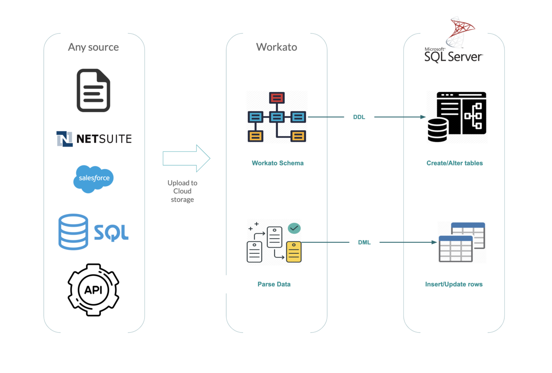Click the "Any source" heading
[93, 47]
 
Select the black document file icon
[93, 90]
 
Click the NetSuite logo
[94, 139]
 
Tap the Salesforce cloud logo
[93, 178]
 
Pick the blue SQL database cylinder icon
[73, 232]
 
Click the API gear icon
[93, 290]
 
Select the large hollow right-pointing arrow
[186, 158]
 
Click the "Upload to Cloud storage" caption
[182, 191]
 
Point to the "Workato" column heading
[276, 47]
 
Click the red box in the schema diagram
[277, 98]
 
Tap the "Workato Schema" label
[277, 163]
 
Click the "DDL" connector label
[359, 117]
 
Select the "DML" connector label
[364, 242]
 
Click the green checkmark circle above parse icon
[294, 228]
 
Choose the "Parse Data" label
[274, 284]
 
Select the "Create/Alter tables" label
[455, 163]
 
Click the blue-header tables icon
[462, 242]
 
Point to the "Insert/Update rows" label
[454, 284]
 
